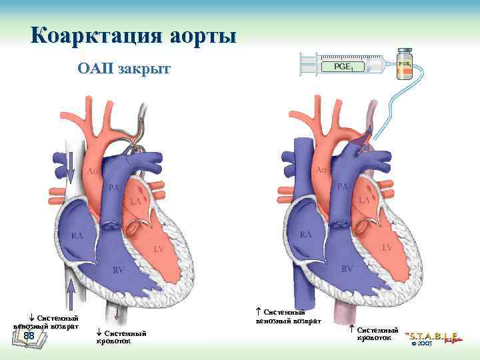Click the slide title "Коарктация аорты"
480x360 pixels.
[133, 34]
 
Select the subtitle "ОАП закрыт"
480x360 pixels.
[124, 69]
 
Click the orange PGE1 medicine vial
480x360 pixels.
[404, 65]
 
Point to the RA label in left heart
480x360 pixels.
[78, 237]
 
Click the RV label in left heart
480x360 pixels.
[118, 270]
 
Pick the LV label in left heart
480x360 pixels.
[159, 249]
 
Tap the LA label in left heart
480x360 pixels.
[136, 201]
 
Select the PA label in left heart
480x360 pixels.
[114, 188]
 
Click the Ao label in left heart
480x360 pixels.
[93, 171]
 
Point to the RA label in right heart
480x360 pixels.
[306, 235]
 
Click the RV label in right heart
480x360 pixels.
[347, 269]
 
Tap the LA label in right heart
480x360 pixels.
[365, 199]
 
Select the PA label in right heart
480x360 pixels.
[343, 186]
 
